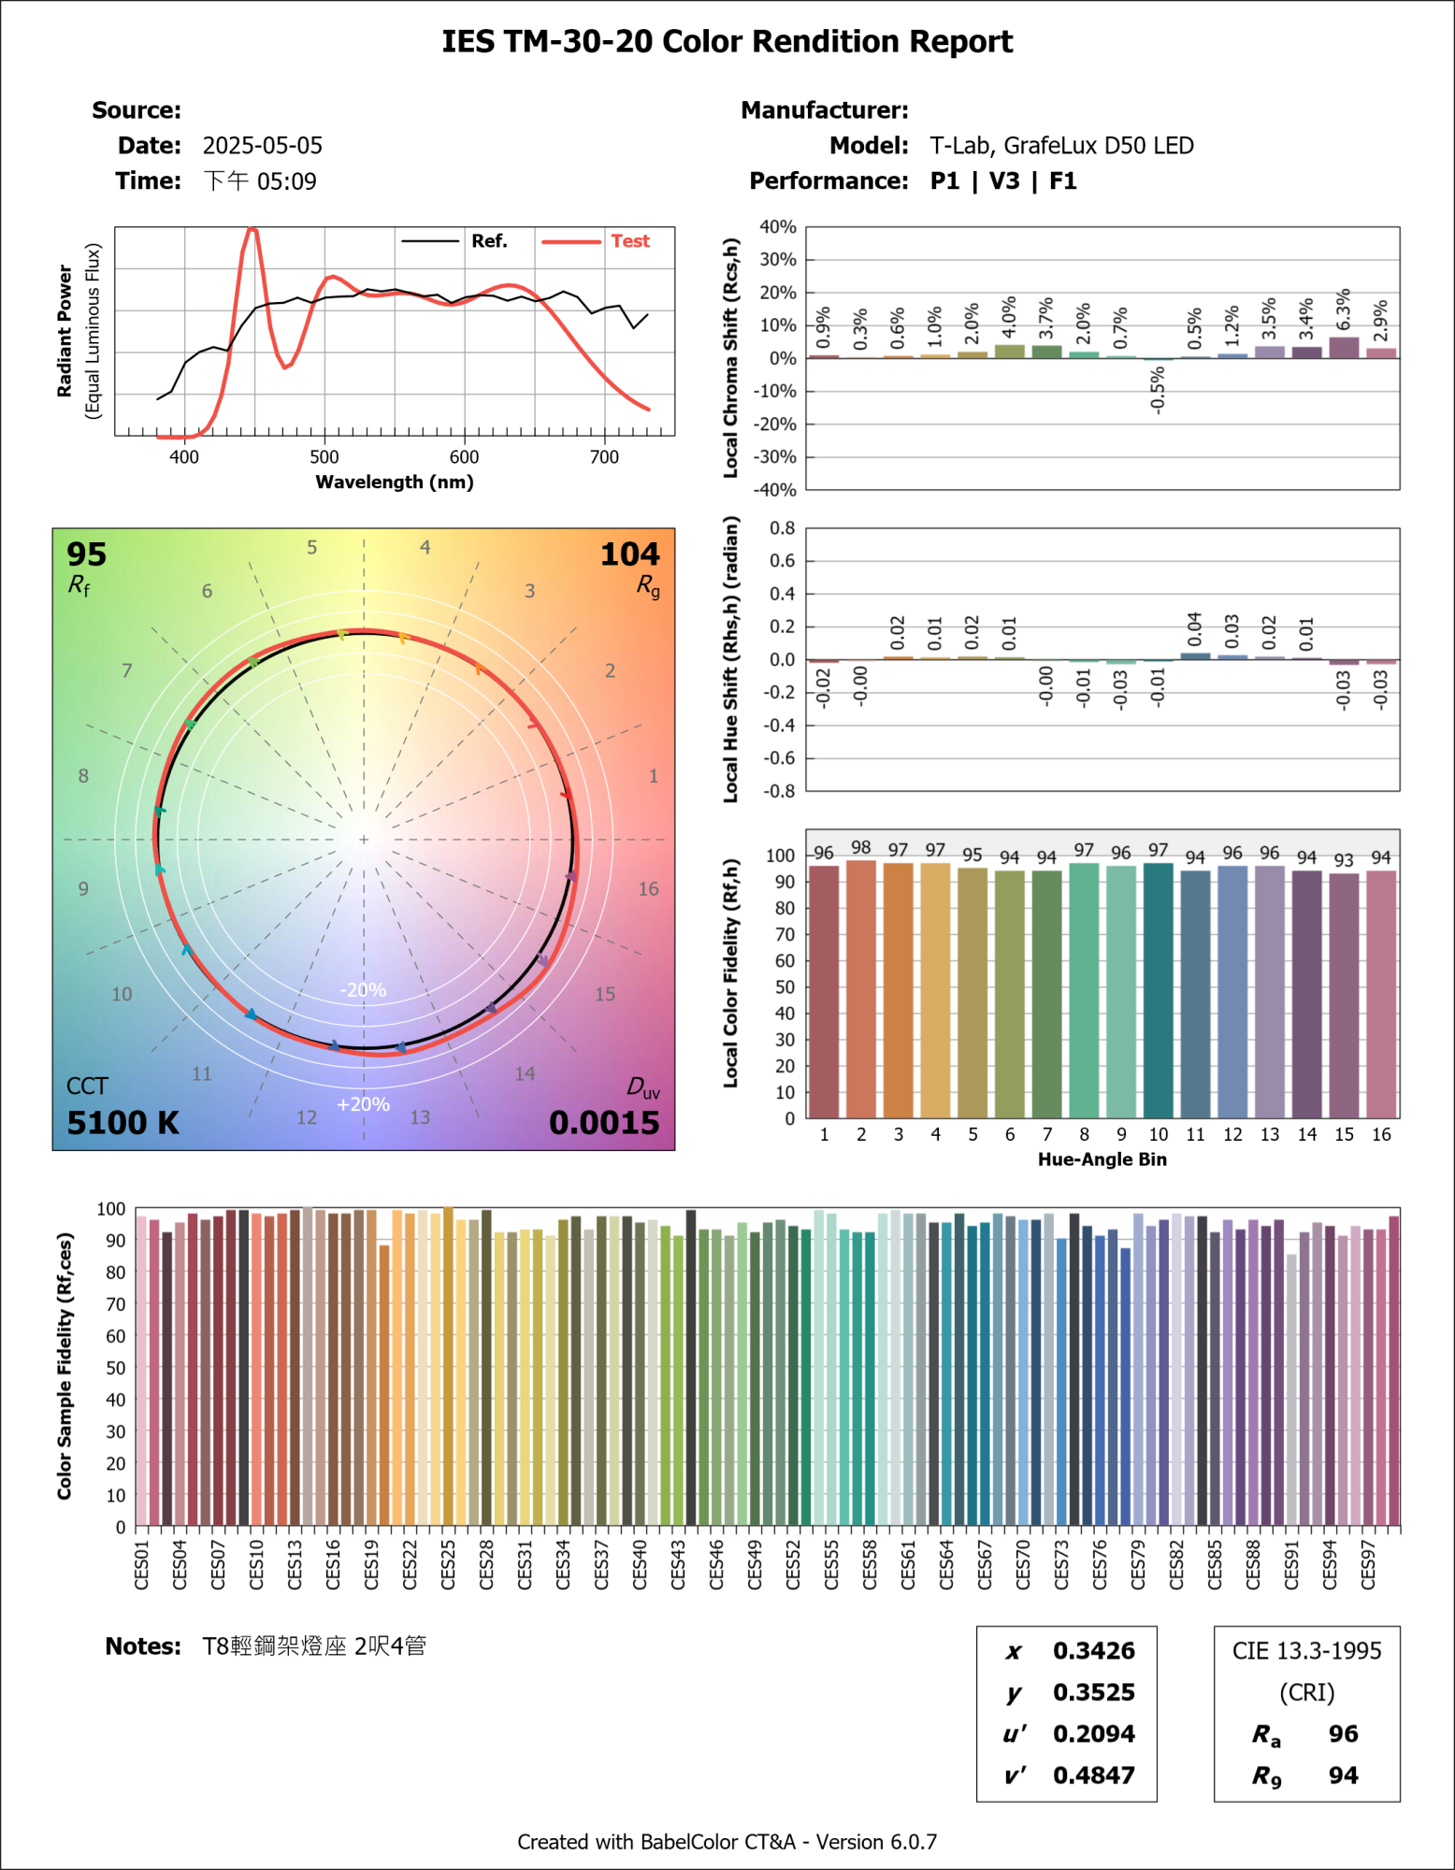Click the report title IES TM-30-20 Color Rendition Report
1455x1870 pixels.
727,42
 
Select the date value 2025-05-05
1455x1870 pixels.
262,146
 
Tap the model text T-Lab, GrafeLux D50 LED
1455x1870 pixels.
1060,146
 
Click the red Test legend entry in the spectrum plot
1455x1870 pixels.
629,241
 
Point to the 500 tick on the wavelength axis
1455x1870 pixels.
324,457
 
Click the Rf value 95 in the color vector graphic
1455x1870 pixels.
86,554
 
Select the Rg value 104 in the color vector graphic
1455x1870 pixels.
629,554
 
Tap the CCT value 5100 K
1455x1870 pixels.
122,1123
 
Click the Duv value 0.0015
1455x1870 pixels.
604,1123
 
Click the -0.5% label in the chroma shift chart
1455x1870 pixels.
1158,390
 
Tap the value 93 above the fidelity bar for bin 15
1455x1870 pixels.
1344,860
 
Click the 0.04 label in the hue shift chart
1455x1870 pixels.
1195,630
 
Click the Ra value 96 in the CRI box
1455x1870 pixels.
1343,1734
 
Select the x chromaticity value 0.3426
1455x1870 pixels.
1093,1651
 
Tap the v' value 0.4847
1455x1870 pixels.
1093,1776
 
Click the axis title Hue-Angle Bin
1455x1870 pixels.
1102,1159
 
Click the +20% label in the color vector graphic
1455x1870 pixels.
363,1104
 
